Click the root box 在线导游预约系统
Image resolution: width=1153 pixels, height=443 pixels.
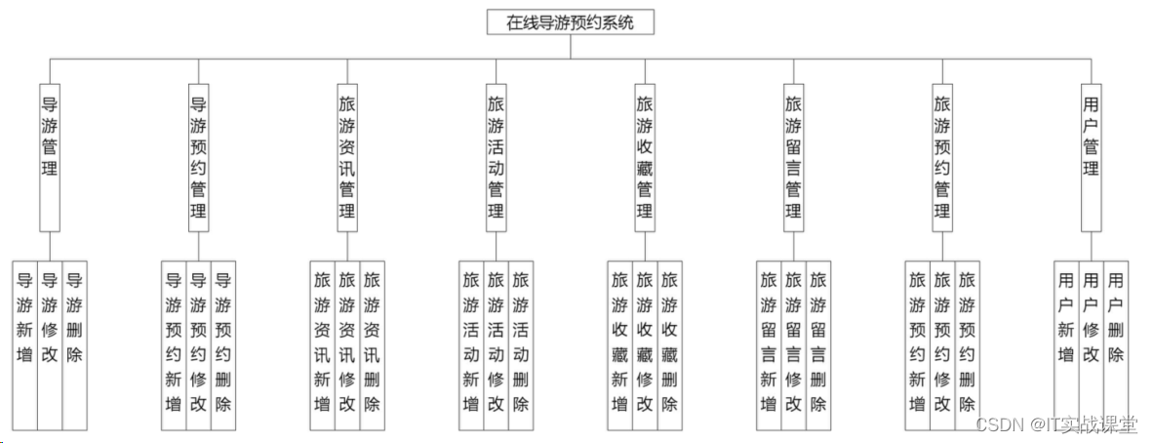pyautogui.click(x=570, y=22)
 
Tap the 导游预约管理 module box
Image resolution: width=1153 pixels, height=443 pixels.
pyautogui.click(x=199, y=156)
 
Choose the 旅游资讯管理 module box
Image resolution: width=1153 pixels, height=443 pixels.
pyautogui.click(x=347, y=156)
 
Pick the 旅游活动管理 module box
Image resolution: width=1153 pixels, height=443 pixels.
pyautogui.click(x=497, y=156)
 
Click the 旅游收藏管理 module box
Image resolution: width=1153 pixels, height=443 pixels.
pyautogui.click(x=645, y=156)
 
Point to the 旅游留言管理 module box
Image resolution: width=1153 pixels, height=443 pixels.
pyautogui.click(x=794, y=156)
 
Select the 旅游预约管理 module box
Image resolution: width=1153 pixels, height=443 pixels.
pyautogui.click(x=942, y=156)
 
